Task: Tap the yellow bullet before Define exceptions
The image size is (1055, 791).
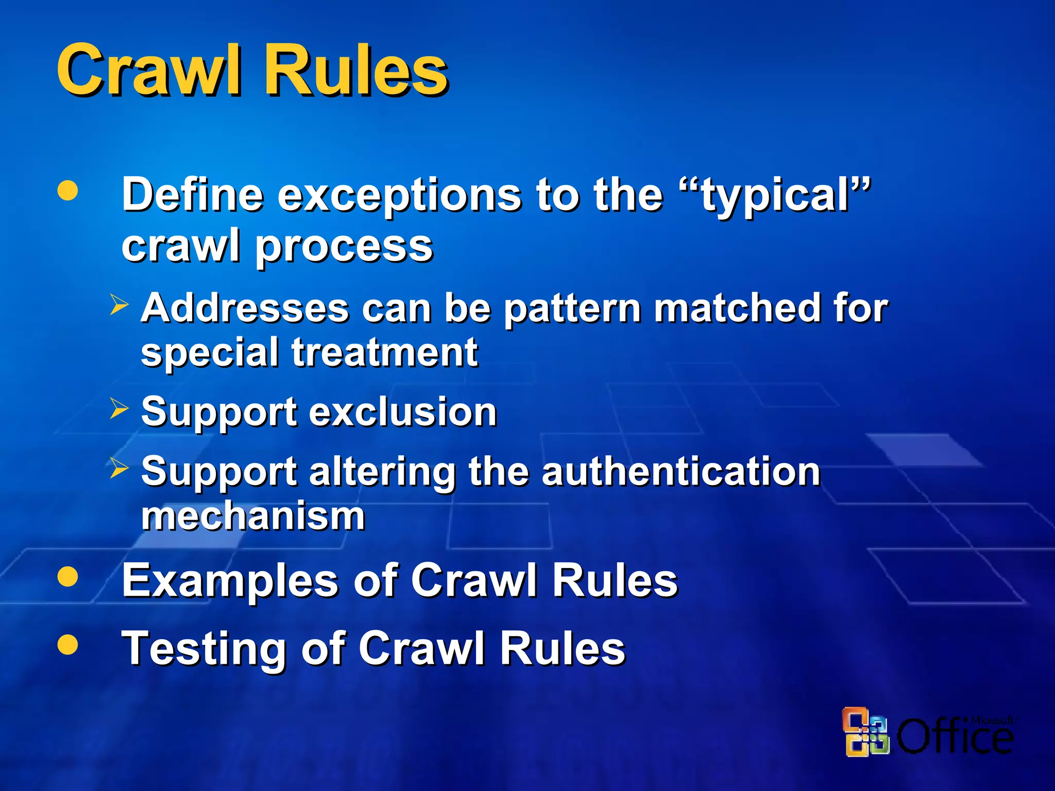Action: coord(68,191)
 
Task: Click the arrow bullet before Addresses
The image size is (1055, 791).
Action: coord(119,305)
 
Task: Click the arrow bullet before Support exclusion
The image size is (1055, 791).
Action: coord(119,409)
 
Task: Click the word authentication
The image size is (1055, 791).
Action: coord(680,472)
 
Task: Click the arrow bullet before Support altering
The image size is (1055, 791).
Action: coord(119,468)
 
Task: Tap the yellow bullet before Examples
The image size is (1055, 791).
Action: coord(68,577)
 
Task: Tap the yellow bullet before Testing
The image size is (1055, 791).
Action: coord(68,644)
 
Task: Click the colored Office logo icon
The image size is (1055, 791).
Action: coord(865,732)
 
